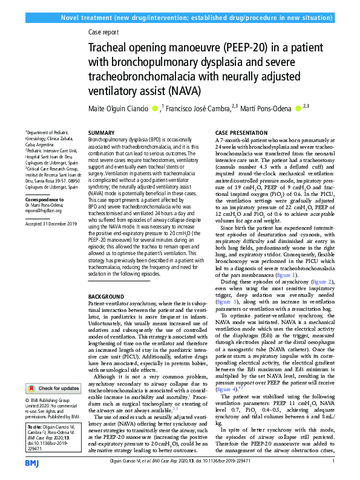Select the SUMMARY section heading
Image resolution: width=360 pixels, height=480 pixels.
(x=101, y=132)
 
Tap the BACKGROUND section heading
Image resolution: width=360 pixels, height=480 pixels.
(x=108, y=296)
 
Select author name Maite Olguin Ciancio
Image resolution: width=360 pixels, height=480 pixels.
(x=123, y=109)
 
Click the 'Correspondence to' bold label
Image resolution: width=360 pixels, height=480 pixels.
(x=45, y=199)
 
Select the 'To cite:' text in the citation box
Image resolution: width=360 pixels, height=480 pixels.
(x=36, y=426)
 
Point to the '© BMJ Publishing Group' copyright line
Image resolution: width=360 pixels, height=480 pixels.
(x=51, y=401)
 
